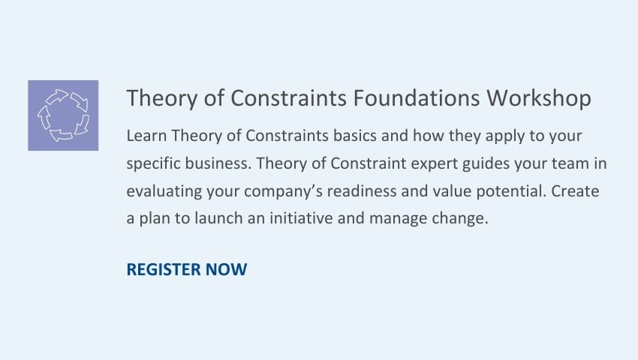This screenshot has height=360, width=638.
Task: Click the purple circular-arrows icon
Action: [x=63, y=115]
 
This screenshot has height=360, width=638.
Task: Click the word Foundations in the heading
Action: [x=417, y=98]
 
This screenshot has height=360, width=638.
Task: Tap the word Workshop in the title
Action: [x=539, y=99]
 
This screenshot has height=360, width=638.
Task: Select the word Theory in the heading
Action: [x=161, y=99]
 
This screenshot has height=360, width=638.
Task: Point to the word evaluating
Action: [x=164, y=191]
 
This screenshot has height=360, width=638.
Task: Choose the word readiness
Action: [x=362, y=190]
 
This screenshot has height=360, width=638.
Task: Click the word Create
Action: [x=575, y=190]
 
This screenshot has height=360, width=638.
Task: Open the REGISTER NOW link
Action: [x=187, y=269]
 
